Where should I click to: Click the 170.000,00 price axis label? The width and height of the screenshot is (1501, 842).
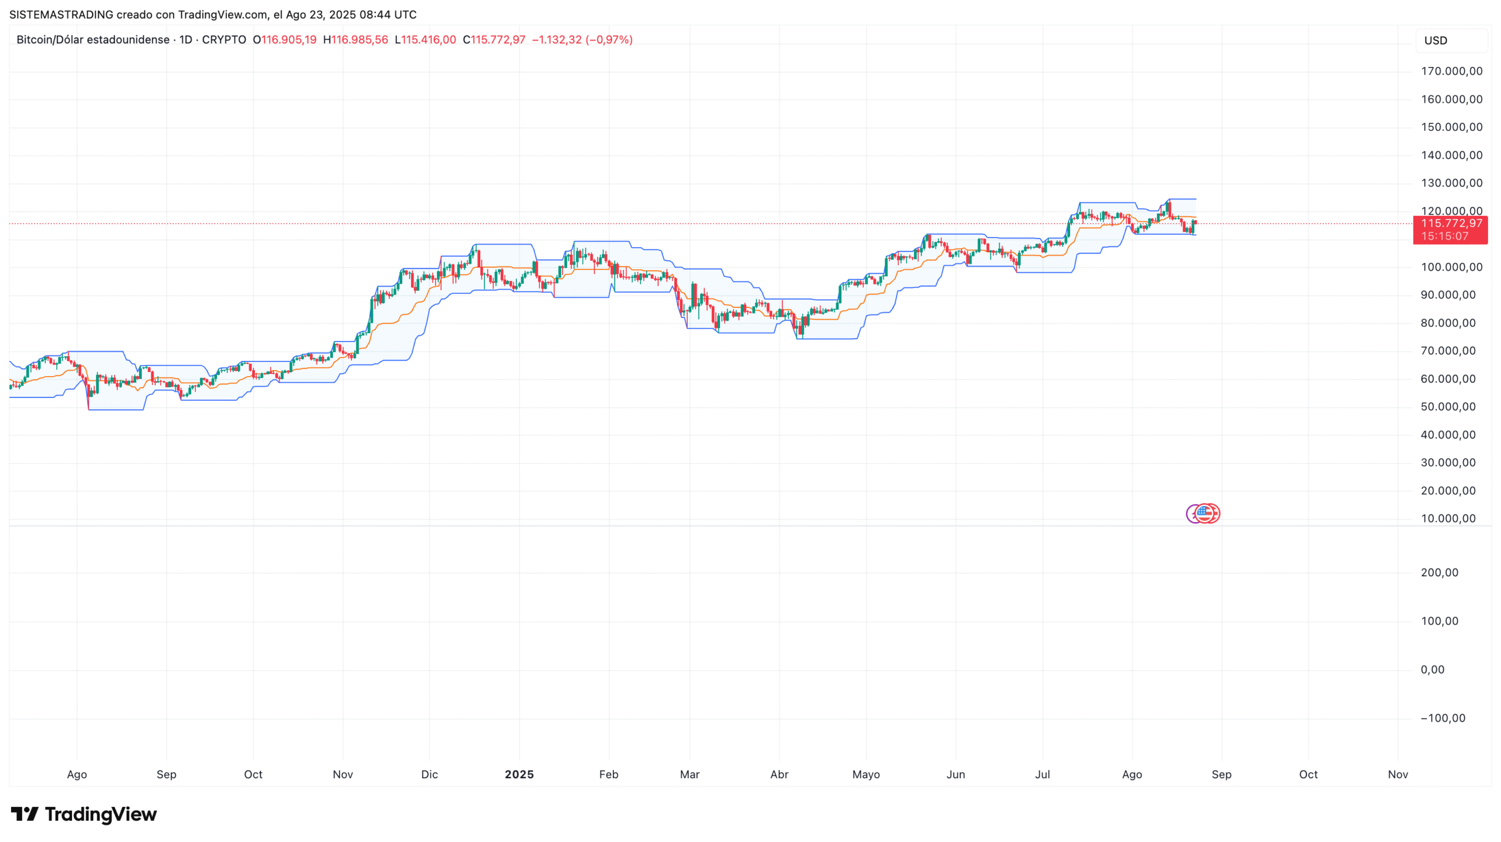1451,71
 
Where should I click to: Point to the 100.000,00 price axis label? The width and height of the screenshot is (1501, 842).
1451,267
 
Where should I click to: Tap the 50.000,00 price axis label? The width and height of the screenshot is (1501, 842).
1448,407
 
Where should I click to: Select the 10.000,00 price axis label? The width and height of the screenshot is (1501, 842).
1448,518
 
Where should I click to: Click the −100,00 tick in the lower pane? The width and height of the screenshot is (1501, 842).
1442,718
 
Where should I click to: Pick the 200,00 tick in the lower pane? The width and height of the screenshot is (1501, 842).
1439,573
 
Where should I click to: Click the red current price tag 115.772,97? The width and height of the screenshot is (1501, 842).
1451,224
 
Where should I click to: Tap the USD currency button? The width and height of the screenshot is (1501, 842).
1436,40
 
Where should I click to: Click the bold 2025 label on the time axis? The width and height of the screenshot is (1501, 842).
519,775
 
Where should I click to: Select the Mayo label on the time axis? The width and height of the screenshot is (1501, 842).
866,775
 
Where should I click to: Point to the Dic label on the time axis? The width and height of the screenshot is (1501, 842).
429,775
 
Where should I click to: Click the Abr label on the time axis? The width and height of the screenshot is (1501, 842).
779,775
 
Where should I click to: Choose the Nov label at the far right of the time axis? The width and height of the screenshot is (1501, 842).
1398,775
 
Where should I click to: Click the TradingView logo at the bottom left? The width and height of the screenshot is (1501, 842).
84,814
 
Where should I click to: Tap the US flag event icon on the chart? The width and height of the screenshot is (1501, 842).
1205,513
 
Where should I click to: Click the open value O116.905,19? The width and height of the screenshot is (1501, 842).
285,40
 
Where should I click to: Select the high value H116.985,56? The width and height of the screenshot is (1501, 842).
356,40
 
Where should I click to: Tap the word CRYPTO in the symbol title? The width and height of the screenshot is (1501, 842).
224,40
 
